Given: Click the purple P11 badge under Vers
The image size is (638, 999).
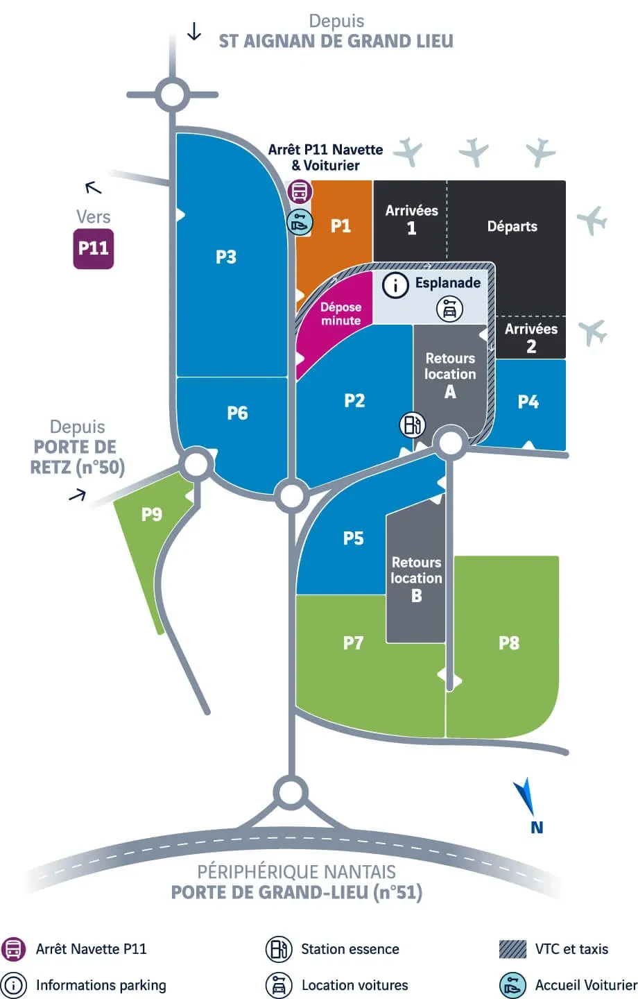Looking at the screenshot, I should coord(94,248).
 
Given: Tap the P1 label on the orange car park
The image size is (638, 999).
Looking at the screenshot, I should coord(340,225).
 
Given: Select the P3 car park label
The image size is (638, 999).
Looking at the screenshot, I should coord(226,257).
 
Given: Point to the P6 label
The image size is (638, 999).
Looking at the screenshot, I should coord(237,413).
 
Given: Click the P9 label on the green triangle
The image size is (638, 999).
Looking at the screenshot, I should coord(151,514).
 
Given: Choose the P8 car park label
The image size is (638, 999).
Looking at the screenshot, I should coord(509,643).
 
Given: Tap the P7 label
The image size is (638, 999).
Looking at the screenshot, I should coord(353,643).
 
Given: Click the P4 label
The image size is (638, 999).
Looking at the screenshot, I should coord(528,402).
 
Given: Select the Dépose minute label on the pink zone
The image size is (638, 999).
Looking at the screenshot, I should coord(340,314).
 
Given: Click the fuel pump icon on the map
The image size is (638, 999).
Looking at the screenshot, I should coord(413,425).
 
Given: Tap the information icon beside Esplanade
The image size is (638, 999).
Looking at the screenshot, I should coord(395,285).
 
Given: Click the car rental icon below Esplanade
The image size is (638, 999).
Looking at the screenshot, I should coord(449,309).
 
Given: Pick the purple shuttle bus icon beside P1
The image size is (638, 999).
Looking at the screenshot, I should coord(300,191).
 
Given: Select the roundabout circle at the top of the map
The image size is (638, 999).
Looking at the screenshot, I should coord(172,94).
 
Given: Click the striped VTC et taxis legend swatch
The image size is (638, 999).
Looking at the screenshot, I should coord(512,949).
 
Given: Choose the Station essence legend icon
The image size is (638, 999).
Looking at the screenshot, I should coord(279,949).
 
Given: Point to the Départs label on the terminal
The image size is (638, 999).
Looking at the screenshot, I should coord(512,226).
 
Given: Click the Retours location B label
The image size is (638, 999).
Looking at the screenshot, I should coord(416,579).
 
